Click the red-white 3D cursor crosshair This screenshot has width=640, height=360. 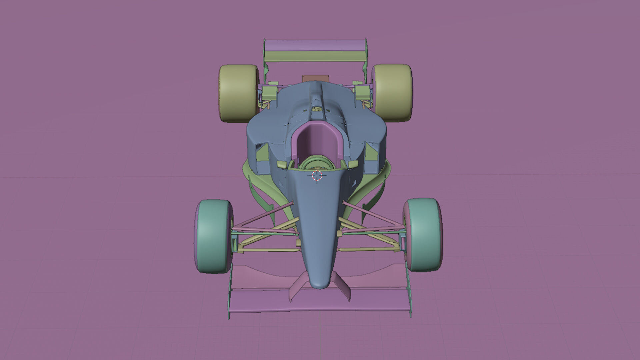pos(317,175)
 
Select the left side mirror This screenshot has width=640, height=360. pos(282,164)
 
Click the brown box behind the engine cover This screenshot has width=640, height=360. pos(315,78)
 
